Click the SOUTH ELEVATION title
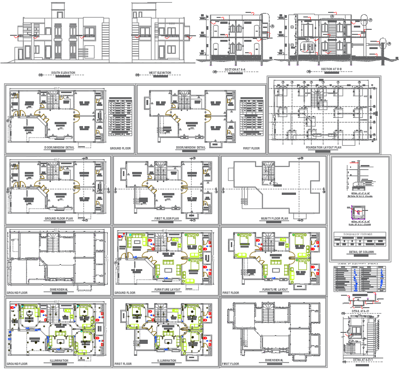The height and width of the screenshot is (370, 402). pyautogui.click(x=63, y=72)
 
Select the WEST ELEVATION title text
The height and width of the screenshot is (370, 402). pyautogui.click(x=160, y=72)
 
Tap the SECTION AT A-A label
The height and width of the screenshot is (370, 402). pyautogui.click(x=235, y=69)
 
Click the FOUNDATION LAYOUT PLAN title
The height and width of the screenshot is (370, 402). pyautogui.click(x=324, y=148)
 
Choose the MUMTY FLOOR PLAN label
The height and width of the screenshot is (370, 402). pyautogui.click(x=274, y=219)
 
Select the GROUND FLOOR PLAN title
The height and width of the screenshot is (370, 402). pyautogui.click(x=59, y=219)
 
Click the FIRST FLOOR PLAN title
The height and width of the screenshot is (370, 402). pyautogui.click(x=166, y=219)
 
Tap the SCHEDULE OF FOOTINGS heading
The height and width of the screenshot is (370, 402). pyautogui.click(x=360, y=234)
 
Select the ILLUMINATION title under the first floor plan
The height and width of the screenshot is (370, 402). pyautogui.click(x=166, y=361)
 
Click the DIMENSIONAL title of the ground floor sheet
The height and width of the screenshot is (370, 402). pyautogui.click(x=59, y=290)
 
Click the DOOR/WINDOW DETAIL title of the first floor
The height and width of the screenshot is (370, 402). pyautogui.click(x=190, y=148)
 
